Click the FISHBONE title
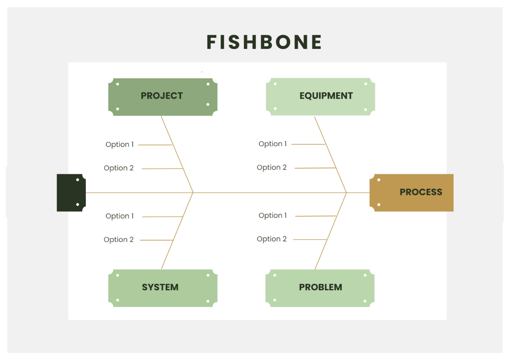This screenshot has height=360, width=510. (264, 42)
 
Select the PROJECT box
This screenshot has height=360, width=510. (162, 96)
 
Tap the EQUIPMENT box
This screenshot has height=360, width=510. (320, 96)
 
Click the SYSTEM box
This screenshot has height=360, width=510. (162, 287)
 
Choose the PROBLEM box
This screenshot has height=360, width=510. (320, 287)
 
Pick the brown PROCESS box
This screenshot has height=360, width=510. (411, 193)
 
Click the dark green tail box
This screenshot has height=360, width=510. (71, 193)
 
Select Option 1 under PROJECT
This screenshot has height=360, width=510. (119, 145)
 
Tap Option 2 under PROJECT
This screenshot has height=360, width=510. (119, 168)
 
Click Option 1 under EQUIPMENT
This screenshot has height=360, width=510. (272, 144)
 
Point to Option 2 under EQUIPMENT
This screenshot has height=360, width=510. (272, 167)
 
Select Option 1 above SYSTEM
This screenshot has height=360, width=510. (119, 216)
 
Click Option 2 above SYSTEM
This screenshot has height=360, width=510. (119, 240)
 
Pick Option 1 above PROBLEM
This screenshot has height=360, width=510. (272, 215)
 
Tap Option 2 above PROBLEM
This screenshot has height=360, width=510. (272, 239)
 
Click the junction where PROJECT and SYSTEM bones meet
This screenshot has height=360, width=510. (193, 193)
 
